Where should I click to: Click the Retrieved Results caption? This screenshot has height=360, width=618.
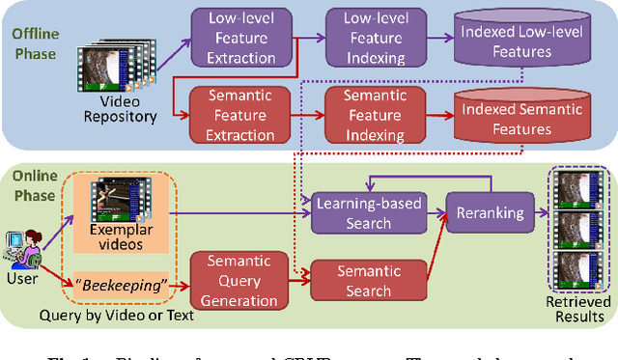[578, 309]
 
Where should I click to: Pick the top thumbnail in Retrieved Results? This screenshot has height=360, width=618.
[577, 192]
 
